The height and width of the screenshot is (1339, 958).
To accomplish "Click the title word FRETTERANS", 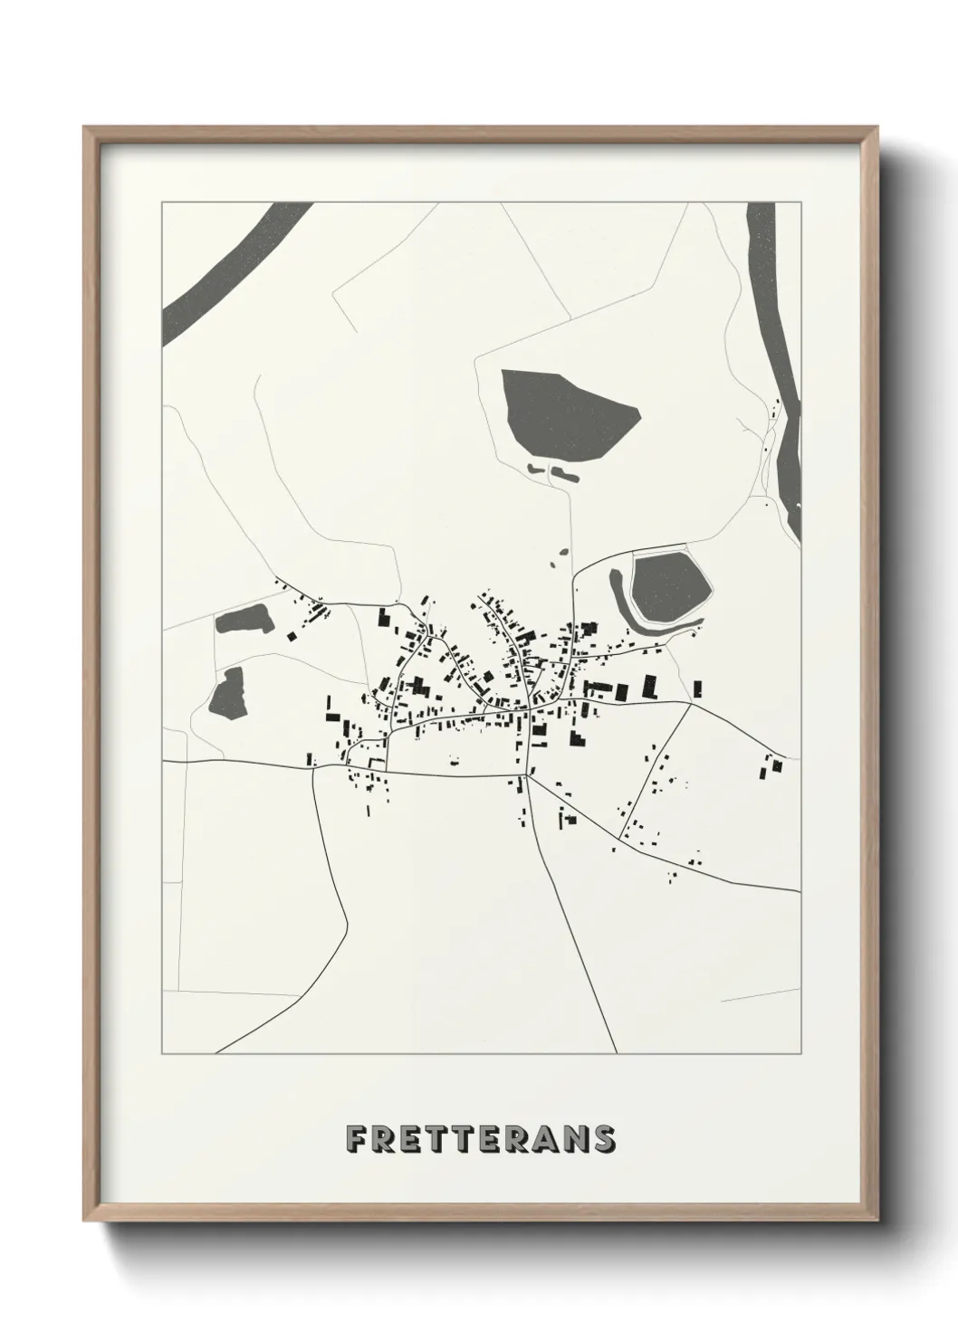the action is point(482,1139).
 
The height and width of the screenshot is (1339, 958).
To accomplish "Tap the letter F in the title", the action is point(356,1139).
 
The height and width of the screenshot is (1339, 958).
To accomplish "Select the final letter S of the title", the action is point(605,1139).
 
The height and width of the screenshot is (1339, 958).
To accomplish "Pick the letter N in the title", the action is point(578,1139).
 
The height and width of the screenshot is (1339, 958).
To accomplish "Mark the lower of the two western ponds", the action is point(227,695).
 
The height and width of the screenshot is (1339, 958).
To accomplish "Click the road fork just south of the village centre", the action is point(530,776).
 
